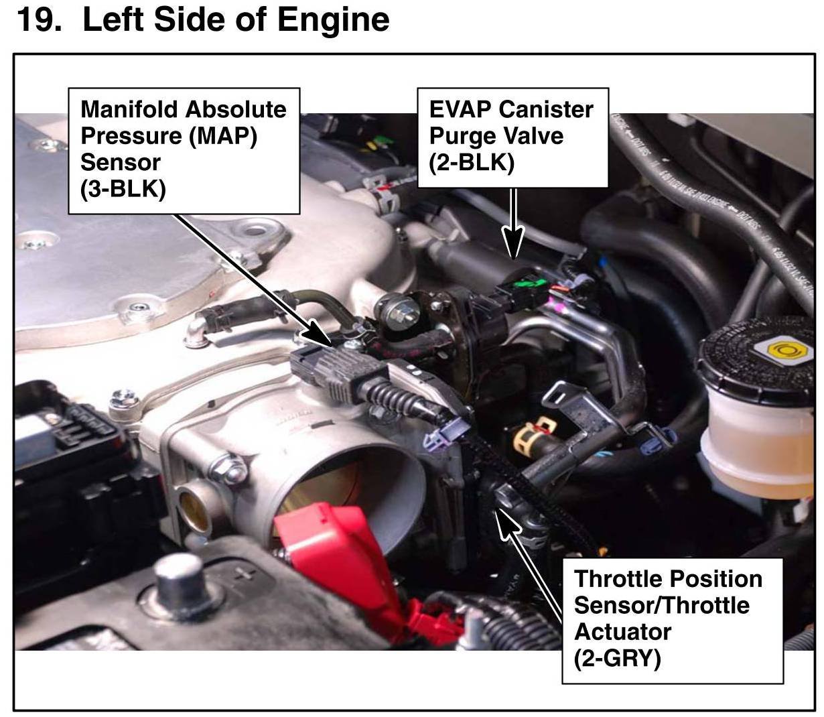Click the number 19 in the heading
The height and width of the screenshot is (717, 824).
tap(39, 19)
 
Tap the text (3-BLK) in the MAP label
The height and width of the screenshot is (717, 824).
tap(123, 189)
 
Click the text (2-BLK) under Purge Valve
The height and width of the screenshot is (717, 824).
tap(471, 163)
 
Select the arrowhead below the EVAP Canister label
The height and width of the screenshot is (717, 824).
tap(513, 242)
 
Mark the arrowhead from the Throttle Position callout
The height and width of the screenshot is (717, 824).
tap(505, 523)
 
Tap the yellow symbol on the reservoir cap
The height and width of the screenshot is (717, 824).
tap(782, 350)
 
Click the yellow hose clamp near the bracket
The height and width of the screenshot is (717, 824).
tap(534, 436)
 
